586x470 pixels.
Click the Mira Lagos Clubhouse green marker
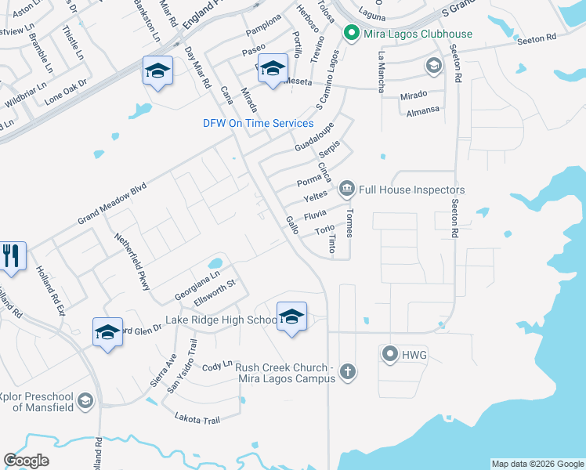[351, 34]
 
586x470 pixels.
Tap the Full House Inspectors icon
[346, 189]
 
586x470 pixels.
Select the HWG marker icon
[390, 355]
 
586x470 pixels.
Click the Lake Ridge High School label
[221, 320]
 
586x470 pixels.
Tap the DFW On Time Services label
[258, 123]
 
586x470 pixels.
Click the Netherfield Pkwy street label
[132, 262]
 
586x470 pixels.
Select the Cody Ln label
[218, 367]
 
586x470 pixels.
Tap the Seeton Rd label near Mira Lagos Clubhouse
[538, 37]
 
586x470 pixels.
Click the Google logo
[26, 461]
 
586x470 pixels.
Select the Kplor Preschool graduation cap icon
[86, 402]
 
